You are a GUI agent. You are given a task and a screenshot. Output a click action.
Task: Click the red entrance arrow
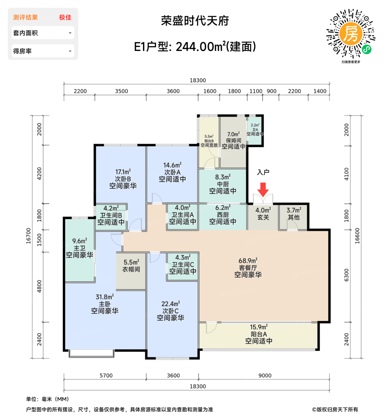[x=263, y=189]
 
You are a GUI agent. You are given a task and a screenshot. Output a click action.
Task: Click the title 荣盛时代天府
[x=195, y=21]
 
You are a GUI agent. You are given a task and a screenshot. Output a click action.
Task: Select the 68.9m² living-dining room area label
[x=248, y=268]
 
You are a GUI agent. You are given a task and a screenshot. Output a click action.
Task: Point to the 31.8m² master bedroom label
[x=105, y=304]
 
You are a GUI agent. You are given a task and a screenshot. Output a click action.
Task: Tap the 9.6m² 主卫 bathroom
[x=80, y=248]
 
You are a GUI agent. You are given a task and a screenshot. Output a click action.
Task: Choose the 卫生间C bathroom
[x=183, y=265]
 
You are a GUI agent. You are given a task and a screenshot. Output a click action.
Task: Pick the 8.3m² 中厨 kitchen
[x=223, y=184]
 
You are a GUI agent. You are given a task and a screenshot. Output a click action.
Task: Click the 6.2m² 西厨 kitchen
[x=223, y=215]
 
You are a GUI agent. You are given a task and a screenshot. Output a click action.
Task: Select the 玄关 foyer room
[x=263, y=214]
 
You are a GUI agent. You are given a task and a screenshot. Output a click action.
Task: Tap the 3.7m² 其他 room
[x=293, y=214]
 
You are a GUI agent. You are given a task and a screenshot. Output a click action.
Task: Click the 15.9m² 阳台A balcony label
[x=258, y=334]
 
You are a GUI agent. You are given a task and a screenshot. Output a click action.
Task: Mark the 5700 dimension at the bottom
[x=106, y=376]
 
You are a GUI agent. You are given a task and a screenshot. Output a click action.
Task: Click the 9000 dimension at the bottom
[x=265, y=376]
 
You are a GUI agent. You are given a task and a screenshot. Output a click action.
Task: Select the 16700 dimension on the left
[x=28, y=236]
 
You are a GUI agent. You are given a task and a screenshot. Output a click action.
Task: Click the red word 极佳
[x=65, y=18]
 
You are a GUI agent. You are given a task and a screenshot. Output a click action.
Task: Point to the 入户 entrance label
[x=263, y=172]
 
